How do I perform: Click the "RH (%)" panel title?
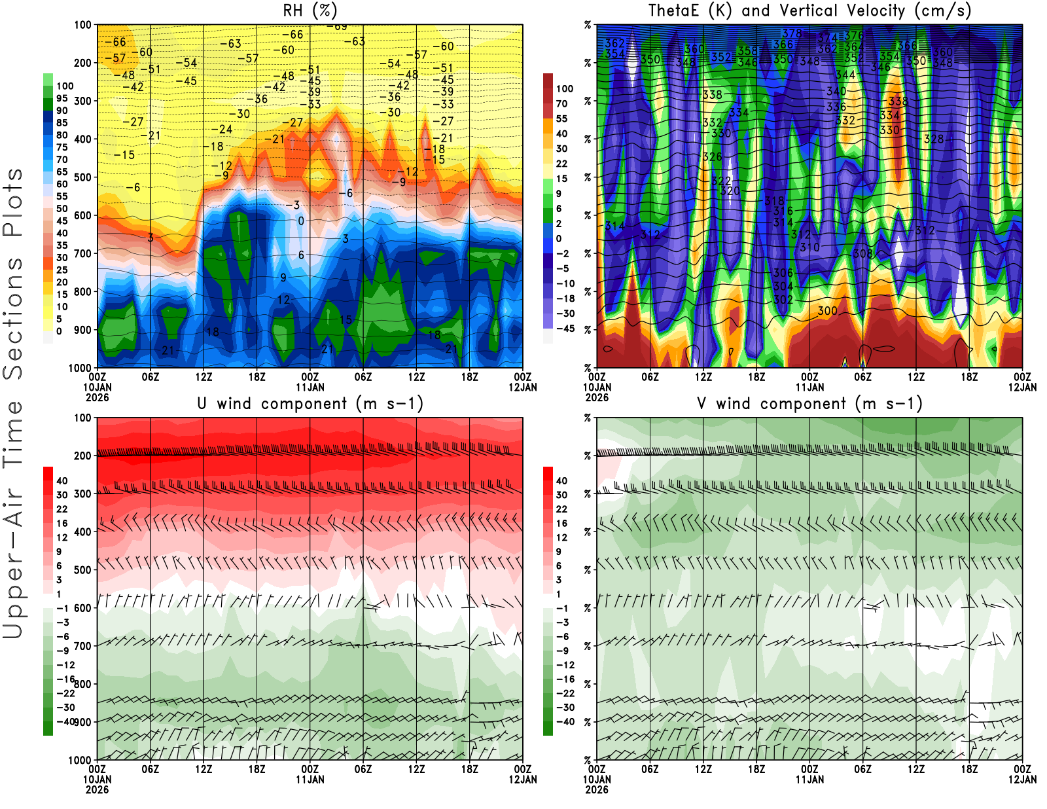tap(310, 10)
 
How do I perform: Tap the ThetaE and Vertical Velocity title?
tap(809, 10)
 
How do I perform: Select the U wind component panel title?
tap(310, 403)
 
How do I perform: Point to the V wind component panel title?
tap(809, 403)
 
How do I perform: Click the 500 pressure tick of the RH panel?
tap(83, 177)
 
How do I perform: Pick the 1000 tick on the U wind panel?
tap(80, 761)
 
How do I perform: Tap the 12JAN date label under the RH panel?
tap(523, 387)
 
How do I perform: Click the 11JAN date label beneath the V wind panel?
tap(809, 780)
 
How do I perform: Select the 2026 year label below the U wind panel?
tap(97, 789)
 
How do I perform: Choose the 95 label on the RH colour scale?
tap(62, 98)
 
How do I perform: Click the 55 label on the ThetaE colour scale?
tap(561, 118)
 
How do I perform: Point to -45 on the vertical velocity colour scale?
tap(565, 329)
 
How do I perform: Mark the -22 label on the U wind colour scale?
tap(65, 693)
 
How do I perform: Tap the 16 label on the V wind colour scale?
tap(561, 523)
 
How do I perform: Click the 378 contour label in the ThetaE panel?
tap(792, 33)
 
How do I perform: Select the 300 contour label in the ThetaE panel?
tap(827, 311)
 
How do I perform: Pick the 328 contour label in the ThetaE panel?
tap(934, 139)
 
